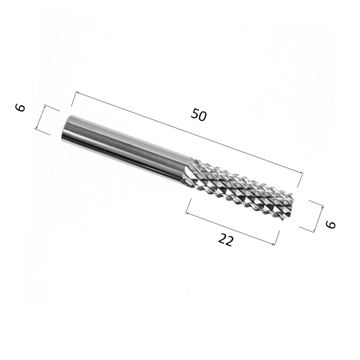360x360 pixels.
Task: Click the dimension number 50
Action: pos(199,115)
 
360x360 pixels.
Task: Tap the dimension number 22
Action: pos(226,240)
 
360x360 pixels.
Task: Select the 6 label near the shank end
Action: pos(20,108)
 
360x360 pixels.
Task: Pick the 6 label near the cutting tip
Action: pos(331,224)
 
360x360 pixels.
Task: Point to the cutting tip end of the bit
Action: pos(290,205)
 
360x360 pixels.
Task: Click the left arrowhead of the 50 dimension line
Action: pos(78,93)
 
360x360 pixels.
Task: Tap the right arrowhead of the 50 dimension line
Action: pos(301,172)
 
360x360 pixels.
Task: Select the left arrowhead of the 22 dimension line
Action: pos(187,214)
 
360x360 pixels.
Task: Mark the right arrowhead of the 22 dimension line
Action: pos(273,244)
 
